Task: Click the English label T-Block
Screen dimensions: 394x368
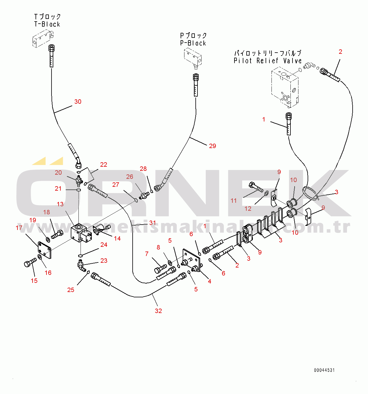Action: pos(47,24)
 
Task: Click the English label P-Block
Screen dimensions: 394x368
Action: pos(193,43)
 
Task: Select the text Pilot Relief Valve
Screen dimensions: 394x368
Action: pos(268,61)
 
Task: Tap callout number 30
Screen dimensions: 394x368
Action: pos(78,102)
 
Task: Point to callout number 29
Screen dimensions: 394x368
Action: pos(212,146)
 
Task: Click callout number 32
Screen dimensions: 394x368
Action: pos(158,311)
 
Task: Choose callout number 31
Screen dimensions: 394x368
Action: pos(152,223)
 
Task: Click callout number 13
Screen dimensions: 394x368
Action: pos(60,204)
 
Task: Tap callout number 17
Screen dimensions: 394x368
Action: pos(19,228)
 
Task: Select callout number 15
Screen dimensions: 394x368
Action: pos(34,281)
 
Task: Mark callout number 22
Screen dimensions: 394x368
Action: pos(103,165)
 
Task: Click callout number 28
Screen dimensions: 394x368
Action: pos(143,169)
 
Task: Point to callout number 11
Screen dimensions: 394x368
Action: pos(234,201)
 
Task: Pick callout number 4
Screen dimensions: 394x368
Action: pos(209,281)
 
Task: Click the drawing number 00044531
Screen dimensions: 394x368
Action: pos(324,370)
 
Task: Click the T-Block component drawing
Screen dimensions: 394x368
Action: pos(41,40)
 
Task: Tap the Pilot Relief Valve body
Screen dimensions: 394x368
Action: pos(284,87)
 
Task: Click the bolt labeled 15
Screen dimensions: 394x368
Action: pos(29,262)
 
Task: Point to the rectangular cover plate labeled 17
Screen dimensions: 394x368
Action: pos(45,250)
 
